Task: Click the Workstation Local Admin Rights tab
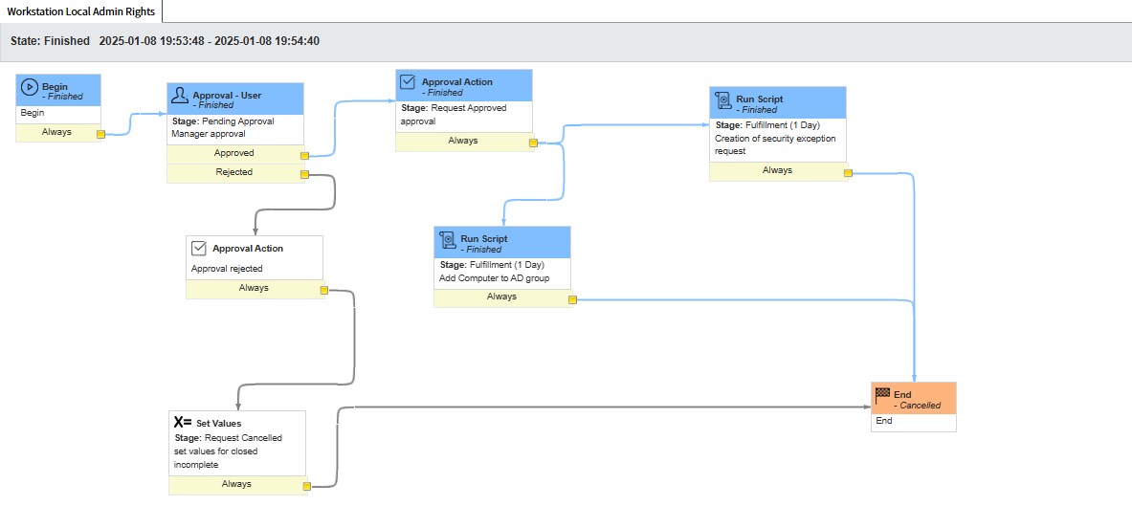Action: pyautogui.click(x=80, y=11)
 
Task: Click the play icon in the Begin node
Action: pyautogui.click(x=29, y=87)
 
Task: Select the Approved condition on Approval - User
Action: pyautogui.click(x=233, y=153)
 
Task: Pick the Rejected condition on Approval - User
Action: pyautogui.click(x=233, y=172)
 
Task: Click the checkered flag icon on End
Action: pyautogui.click(x=882, y=394)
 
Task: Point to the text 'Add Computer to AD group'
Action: pyautogui.click(x=488, y=277)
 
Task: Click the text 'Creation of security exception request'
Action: pyautogui.click(x=775, y=144)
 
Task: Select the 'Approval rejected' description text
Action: pyautogui.click(x=227, y=269)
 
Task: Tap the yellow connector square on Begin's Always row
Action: pyautogui.click(x=101, y=134)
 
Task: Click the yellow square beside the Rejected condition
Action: pyautogui.click(x=304, y=174)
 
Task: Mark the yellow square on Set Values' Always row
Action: pyautogui.click(x=306, y=486)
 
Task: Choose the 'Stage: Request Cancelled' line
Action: pyautogui.click(x=228, y=438)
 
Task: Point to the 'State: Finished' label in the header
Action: pyautogui.click(x=50, y=41)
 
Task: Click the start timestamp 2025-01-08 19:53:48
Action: pyautogui.click(x=152, y=41)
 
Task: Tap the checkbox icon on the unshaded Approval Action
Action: pyautogui.click(x=199, y=248)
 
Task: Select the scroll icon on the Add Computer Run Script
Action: pyautogui.click(x=448, y=238)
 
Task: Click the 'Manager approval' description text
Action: pyautogui.click(x=209, y=134)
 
